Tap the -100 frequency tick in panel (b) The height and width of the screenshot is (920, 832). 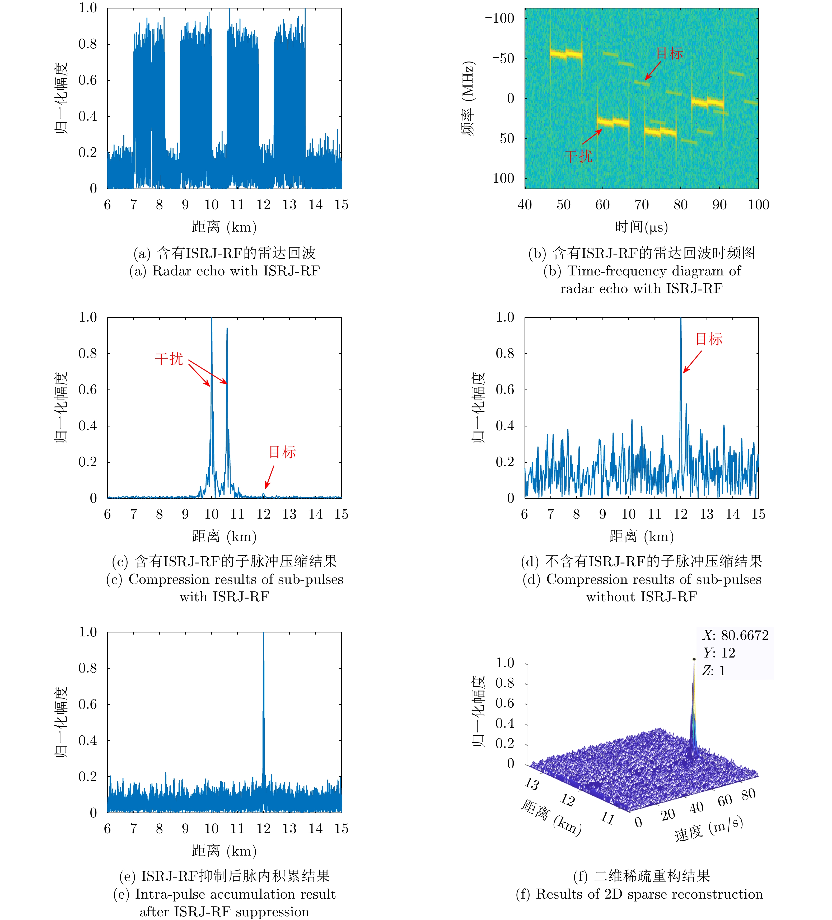coord(500,18)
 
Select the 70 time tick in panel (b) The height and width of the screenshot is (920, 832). coord(641,204)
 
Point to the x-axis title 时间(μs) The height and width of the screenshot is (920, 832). coord(641,227)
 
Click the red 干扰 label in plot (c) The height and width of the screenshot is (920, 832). coord(169,359)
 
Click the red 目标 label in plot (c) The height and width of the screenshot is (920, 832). coord(282,452)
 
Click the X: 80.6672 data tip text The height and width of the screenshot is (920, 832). coord(735,635)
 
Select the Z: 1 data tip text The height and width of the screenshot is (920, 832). coord(714,670)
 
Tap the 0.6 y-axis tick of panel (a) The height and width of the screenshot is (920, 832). coord(88,80)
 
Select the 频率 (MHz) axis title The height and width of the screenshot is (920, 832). coord(468,98)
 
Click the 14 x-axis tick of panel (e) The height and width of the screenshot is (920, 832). coord(315,829)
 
